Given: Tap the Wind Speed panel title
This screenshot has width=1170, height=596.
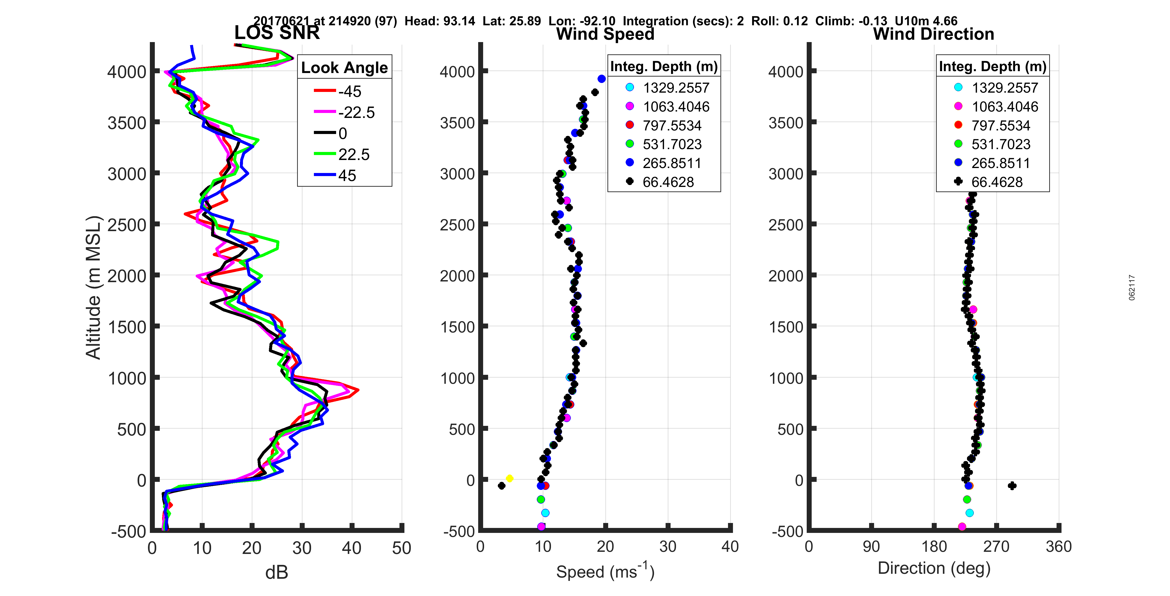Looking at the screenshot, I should click(605, 34).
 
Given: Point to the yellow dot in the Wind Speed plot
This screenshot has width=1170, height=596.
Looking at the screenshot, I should click(510, 478).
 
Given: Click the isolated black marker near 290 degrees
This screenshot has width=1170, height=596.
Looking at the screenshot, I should click(1012, 486).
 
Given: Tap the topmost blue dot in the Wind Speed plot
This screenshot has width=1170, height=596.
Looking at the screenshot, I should click(601, 79).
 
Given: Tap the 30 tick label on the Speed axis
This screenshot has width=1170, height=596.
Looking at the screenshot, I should click(668, 546).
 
